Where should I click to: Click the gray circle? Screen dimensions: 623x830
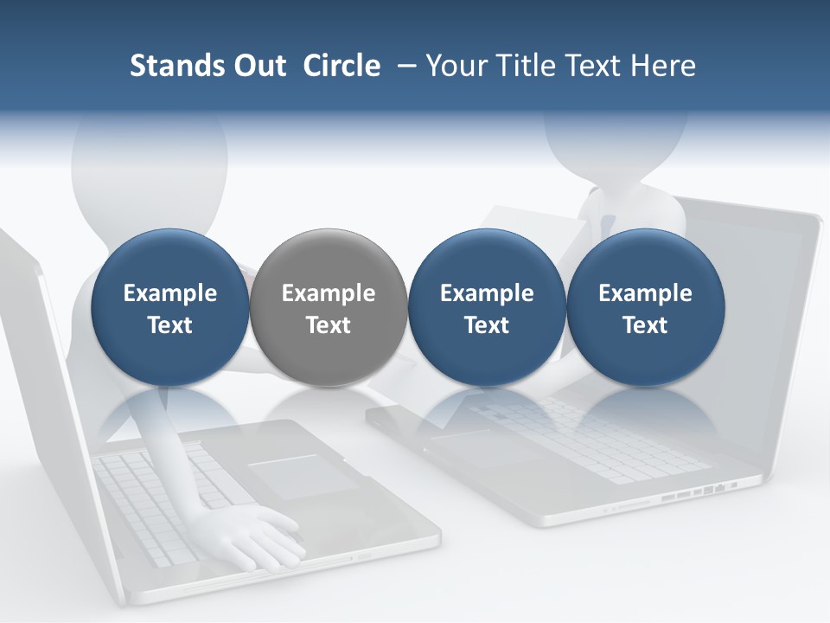coord(329,307)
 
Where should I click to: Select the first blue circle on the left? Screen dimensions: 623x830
coord(169,307)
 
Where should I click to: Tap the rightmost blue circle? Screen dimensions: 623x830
coord(645,307)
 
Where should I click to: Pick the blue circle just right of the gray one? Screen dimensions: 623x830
coord(487,307)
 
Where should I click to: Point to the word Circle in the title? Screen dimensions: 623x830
coord(342,66)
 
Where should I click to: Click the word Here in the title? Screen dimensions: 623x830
coord(664,66)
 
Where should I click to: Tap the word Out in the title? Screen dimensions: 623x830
coord(257,66)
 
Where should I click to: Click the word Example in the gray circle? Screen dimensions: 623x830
coord(329,293)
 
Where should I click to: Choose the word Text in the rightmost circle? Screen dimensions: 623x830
coord(645,325)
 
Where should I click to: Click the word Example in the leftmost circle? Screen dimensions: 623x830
coord(169,293)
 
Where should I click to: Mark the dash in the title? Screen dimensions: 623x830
coord(405,66)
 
